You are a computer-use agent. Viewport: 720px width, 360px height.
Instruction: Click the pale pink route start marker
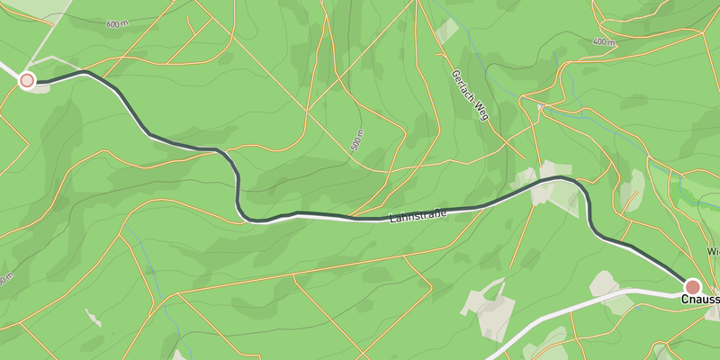coord(27,81)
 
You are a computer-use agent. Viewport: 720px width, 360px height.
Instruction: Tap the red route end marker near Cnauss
coord(693,285)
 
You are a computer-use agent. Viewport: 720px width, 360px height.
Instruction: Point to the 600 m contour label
coord(116,24)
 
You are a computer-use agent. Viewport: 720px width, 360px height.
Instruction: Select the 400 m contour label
coord(605,42)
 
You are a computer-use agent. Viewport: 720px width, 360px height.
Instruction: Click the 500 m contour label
coord(357,139)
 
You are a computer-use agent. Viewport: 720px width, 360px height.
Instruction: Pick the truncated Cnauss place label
coord(700,300)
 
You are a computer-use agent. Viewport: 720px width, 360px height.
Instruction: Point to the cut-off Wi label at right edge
coord(714,251)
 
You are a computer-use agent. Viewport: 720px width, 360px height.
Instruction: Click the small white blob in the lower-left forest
coord(93,317)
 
